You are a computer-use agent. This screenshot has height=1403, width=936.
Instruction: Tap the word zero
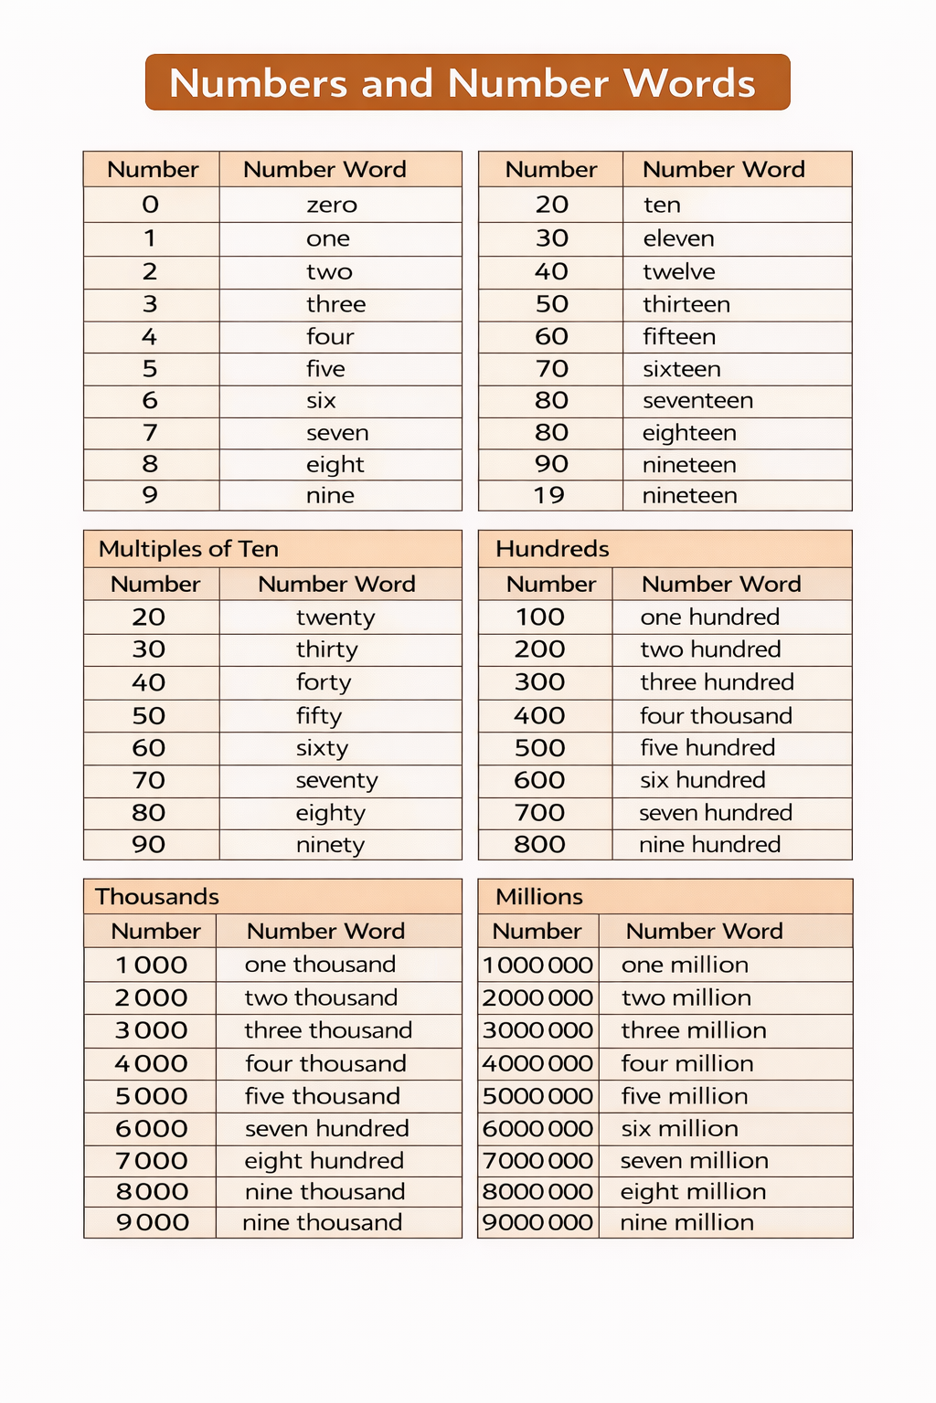[332, 205]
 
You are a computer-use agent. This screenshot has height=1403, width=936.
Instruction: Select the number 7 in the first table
[151, 433]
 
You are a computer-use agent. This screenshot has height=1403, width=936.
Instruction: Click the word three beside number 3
[335, 304]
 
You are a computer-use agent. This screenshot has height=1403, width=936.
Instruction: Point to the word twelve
[678, 271]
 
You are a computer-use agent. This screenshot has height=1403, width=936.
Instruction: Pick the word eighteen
[689, 433]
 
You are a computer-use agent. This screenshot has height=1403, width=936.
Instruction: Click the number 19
[549, 495]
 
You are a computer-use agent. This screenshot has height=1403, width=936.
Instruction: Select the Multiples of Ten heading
[188, 549]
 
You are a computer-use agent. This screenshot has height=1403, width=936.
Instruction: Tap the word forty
[324, 682]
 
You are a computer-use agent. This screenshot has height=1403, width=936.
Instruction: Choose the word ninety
[330, 845]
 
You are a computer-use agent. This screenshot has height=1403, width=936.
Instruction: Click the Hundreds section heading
[552, 549]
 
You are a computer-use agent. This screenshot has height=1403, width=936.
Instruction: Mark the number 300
[539, 682]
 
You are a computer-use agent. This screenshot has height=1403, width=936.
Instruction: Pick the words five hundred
[707, 748]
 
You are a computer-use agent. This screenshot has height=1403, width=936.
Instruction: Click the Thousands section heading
[157, 896]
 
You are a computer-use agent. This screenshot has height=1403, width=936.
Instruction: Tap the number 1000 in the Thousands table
[152, 965]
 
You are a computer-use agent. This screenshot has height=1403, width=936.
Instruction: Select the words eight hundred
[324, 1161]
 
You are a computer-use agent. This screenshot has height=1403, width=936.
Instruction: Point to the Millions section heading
[538, 896]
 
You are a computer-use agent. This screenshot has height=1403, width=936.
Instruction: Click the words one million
[685, 965]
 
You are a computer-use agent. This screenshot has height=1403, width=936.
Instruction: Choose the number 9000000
[537, 1222]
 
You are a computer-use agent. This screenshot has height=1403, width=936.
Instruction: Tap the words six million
[679, 1128]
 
